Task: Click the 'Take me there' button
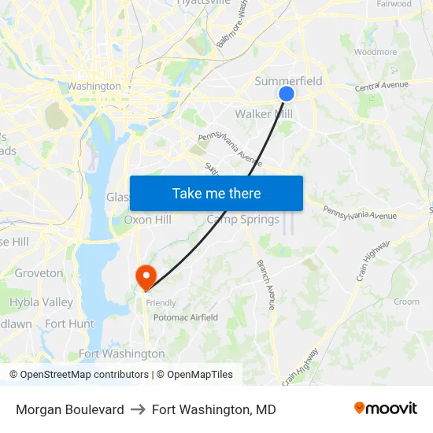[216, 194]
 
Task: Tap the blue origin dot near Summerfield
[287, 94]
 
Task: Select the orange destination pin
[146, 277]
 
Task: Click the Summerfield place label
[288, 81]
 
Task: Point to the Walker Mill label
[264, 114]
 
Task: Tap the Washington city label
[94, 86]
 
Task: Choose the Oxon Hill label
[147, 220]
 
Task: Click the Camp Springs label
[242, 220]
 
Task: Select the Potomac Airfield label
[185, 317]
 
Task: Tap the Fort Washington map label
[122, 354]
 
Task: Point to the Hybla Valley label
[41, 302]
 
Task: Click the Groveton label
[39, 273]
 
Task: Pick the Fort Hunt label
[69, 324]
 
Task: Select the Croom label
[406, 302]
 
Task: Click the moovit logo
[385, 409]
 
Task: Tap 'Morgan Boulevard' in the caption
[70, 409]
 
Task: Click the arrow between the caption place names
[138, 409]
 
